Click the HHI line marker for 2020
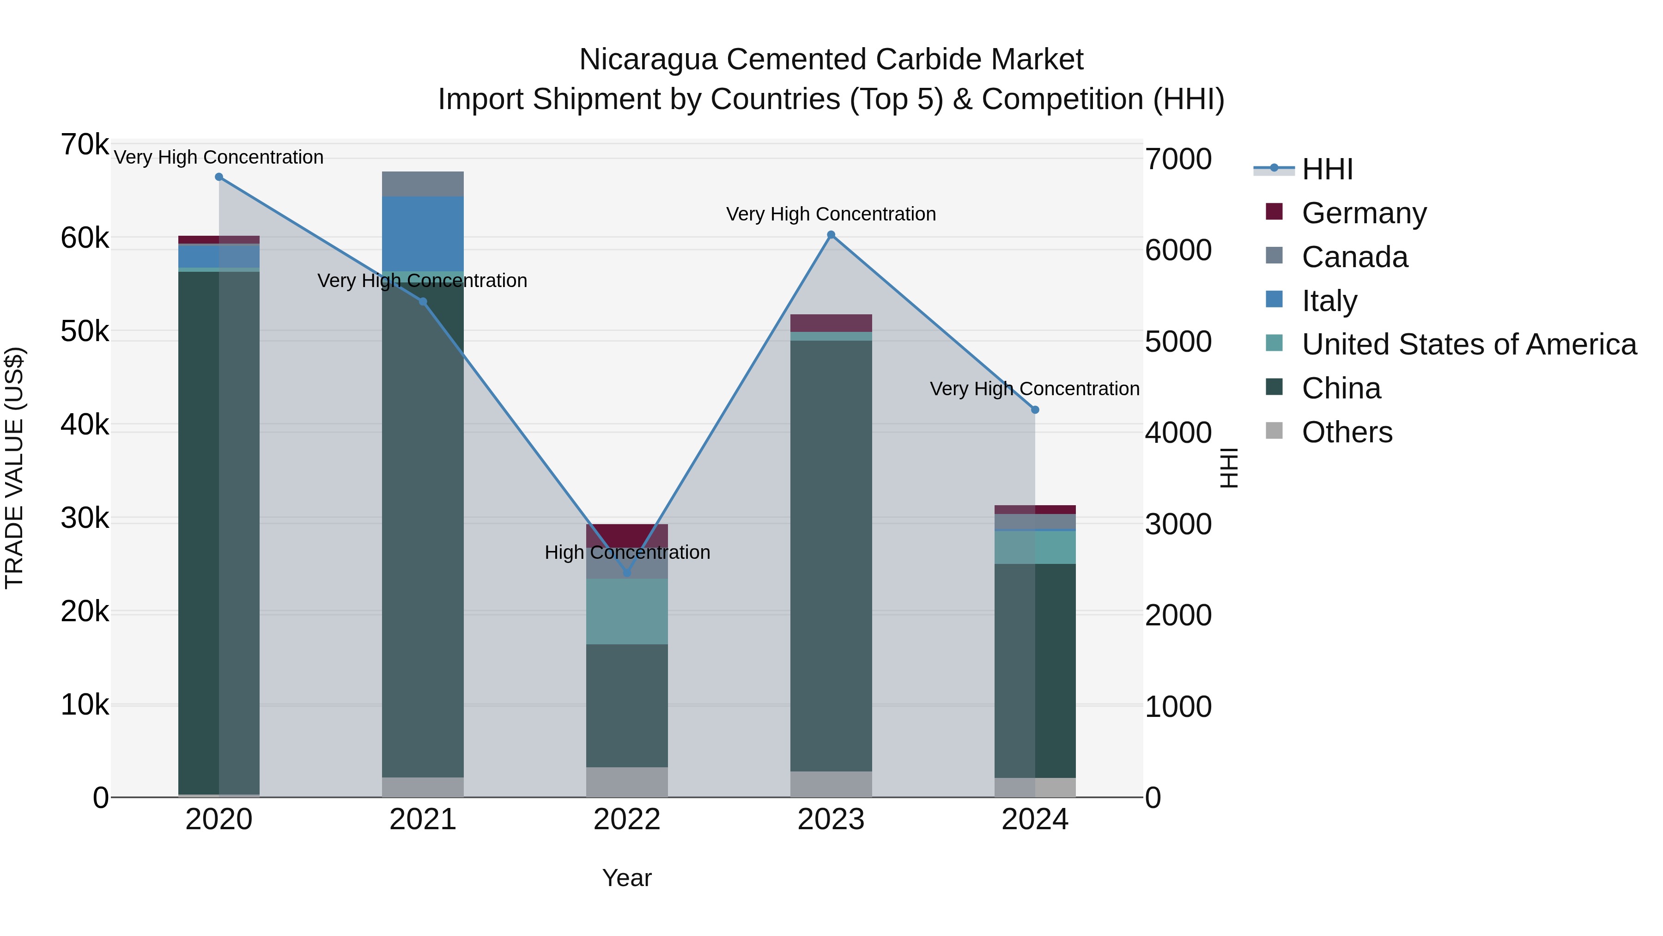(x=219, y=177)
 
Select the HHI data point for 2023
(x=831, y=235)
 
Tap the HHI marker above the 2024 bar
(x=1035, y=410)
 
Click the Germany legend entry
(x=1364, y=213)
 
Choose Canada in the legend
(x=1354, y=257)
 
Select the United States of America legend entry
(x=1469, y=344)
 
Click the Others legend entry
(x=1347, y=432)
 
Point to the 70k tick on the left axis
(x=85, y=145)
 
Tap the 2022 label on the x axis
(x=626, y=820)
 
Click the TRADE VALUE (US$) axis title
(x=14, y=468)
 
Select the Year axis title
(x=626, y=878)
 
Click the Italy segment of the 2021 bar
(x=423, y=232)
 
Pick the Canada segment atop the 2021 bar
(x=423, y=184)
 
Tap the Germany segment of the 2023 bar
(x=831, y=323)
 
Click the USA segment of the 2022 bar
(x=626, y=611)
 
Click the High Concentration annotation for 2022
(x=627, y=552)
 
